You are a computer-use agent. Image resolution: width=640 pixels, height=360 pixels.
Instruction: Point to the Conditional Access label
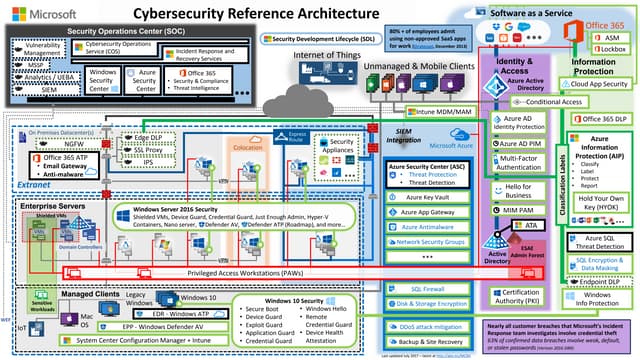[553, 102]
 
